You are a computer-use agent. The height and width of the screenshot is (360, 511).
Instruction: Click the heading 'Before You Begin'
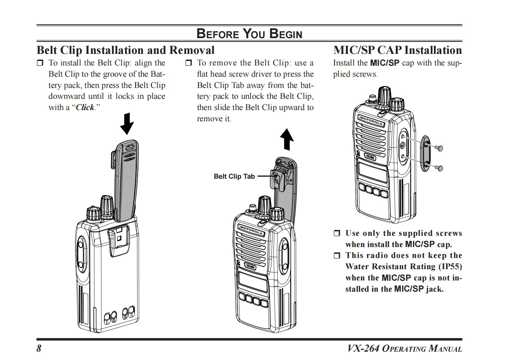(249, 34)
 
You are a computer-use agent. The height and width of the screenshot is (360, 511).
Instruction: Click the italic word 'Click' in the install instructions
(85, 107)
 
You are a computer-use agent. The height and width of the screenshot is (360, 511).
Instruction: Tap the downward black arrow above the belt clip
(127, 124)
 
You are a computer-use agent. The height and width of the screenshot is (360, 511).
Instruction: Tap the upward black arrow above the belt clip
(287, 139)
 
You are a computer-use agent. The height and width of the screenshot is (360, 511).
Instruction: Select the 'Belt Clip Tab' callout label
(234, 176)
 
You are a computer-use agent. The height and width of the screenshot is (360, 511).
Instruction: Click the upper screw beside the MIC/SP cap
(440, 148)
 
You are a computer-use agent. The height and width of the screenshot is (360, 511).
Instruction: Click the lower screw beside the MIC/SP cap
(440, 168)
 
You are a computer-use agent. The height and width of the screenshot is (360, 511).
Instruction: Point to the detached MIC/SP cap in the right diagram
(425, 153)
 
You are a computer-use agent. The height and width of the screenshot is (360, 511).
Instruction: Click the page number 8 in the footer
(39, 348)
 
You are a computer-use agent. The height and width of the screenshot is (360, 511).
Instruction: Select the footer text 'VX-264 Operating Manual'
(404, 348)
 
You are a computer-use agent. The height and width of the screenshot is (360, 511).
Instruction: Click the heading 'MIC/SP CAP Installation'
(397, 50)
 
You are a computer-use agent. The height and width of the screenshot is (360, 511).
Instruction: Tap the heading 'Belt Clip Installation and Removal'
(126, 50)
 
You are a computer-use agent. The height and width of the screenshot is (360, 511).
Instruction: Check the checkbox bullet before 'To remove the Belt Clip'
(188, 63)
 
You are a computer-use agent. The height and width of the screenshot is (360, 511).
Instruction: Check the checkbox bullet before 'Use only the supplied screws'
(337, 234)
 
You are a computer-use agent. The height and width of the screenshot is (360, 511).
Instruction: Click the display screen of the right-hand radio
(372, 172)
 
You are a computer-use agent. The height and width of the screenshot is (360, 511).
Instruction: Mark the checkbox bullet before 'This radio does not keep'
(337, 256)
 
